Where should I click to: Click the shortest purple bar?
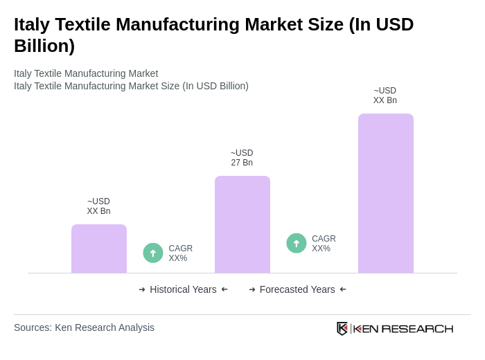click(x=99, y=249)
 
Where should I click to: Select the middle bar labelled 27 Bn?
click(x=242, y=224)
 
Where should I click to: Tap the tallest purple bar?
click(x=386, y=193)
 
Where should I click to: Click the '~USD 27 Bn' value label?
click(x=242, y=158)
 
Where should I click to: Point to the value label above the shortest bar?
click(x=98, y=206)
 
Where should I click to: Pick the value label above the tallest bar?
click(x=385, y=96)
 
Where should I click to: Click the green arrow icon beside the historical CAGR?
click(x=153, y=253)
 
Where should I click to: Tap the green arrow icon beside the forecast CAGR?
click(x=297, y=243)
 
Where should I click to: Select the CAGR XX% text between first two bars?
click(x=180, y=253)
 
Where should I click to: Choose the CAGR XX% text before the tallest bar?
click(x=324, y=244)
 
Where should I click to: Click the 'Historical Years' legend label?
click(x=183, y=289)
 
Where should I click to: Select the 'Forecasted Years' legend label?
click(x=297, y=289)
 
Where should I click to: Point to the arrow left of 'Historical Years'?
click(x=142, y=289)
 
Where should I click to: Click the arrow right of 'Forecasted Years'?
click(x=343, y=289)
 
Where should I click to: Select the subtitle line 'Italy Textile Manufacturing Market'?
click(x=86, y=73)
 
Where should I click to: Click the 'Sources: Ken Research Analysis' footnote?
click(x=84, y=327)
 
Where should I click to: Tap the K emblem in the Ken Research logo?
click(x=342, y=328)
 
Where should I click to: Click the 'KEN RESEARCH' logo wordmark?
click(x=403, y=328)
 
